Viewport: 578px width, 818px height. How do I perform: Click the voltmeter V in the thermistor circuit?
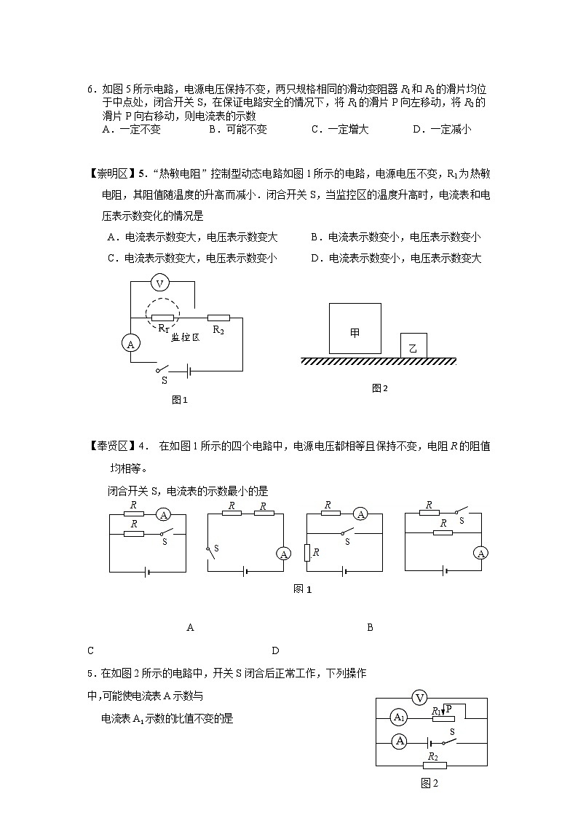tap(162, 283)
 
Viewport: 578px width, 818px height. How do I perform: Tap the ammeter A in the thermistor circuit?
tap(130, 343)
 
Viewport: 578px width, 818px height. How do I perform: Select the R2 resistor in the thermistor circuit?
tap(218, 318)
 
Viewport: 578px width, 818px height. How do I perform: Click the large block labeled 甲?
tap(355, 329)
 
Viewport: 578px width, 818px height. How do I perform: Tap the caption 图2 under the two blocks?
tap(380, 388)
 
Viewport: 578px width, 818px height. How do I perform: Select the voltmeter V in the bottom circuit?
tap(419, 698)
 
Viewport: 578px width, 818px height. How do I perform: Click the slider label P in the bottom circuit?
tap(449, 709)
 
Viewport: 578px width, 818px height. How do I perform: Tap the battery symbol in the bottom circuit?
tap(429, 742)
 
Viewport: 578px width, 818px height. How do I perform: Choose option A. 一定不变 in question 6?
tap(132, 130)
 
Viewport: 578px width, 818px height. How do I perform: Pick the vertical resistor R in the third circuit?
tap(307, 553)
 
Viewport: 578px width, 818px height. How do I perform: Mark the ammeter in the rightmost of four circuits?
tap(480, 554)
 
